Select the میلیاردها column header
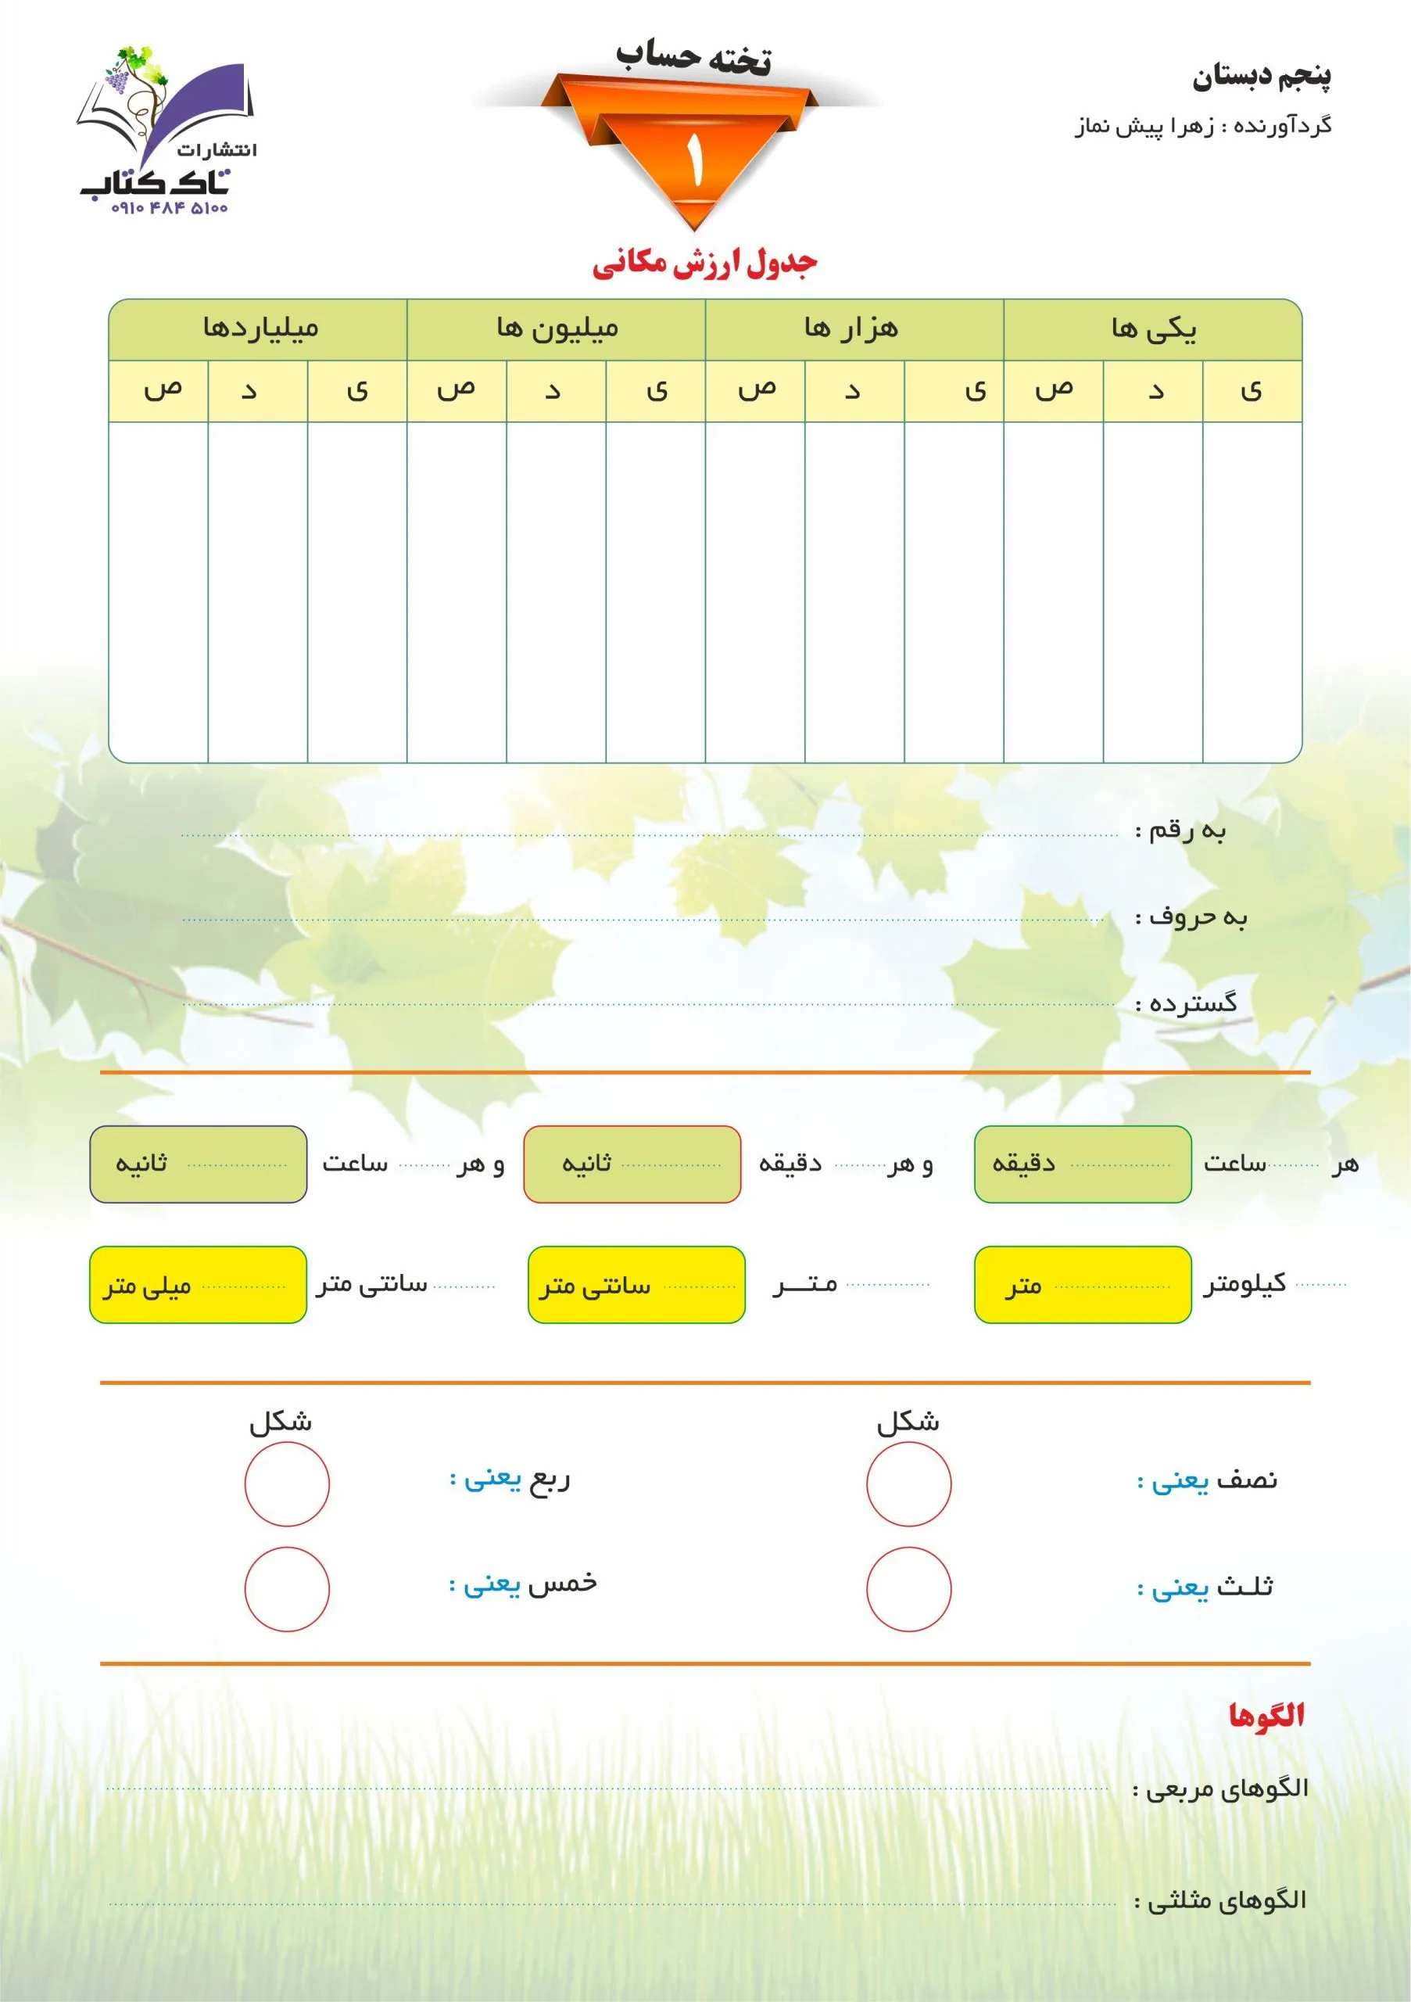[x=260, y=328]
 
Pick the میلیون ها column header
[x=557, y=328]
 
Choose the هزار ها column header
[x=851, y=328]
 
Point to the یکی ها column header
[x=1152, y=328]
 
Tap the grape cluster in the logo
[x=116, y=81]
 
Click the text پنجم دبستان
[x=1261, y=77]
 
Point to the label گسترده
[x=1186, y=1003]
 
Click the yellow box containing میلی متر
[x=198, y=1284]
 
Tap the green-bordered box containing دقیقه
[x=1083, y=1164]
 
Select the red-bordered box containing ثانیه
[x=632, y=1164]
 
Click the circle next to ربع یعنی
[x=287, y=1484]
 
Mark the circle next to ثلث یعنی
[x=908, y=1588]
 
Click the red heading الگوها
[x=1266, y=1715]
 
